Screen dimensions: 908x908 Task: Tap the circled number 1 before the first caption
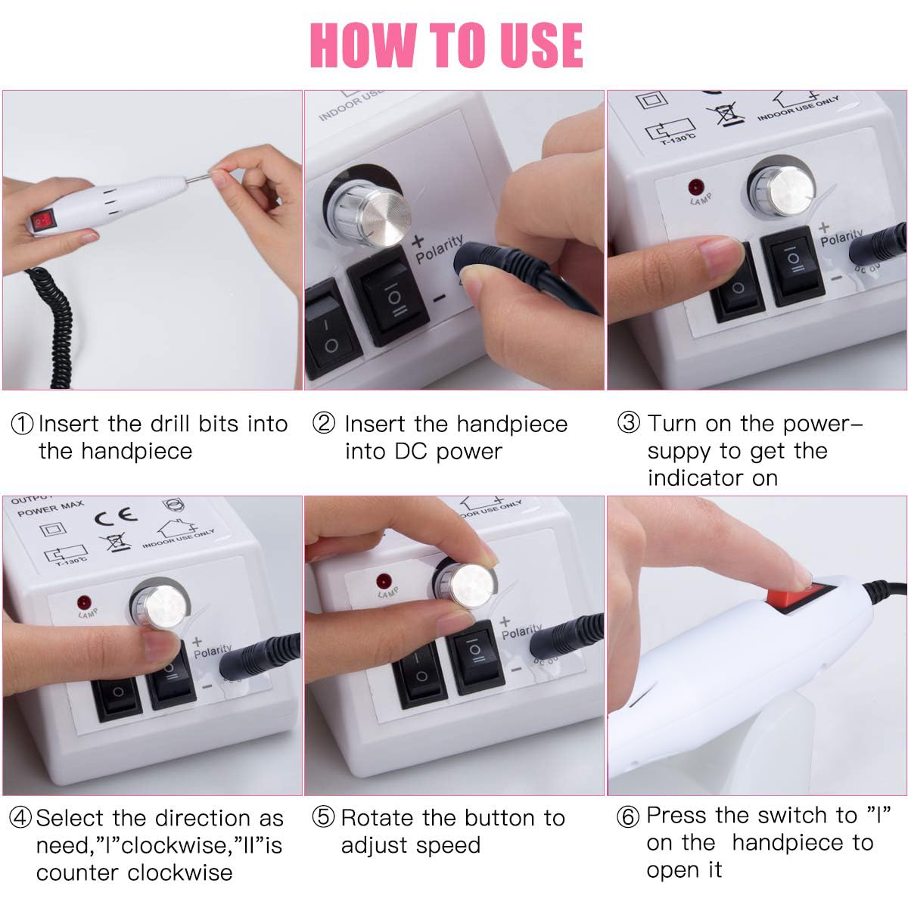point(22,424)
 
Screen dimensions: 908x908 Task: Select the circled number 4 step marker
point(20,817)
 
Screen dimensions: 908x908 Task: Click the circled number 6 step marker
point(629,816)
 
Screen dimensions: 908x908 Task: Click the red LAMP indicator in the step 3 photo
point(696,187)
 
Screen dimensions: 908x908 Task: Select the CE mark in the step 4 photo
point(116,517)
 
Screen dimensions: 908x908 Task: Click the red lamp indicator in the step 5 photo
point(384,580)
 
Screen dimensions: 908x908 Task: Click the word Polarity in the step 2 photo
point(439,248)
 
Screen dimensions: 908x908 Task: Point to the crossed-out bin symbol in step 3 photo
point(725,114)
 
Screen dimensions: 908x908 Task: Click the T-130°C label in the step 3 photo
point(677,139)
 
